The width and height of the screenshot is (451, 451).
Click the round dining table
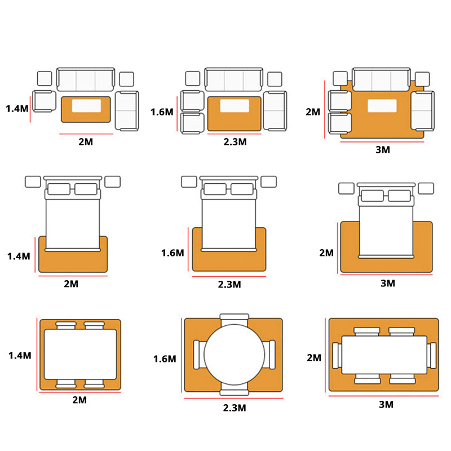click(234, 355)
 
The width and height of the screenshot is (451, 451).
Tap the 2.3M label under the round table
click(235, 408)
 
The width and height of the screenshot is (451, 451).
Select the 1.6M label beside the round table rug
click(165, 359)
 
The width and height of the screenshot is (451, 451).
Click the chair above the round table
click(234, 319)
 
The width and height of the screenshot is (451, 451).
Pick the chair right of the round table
click(269, 355)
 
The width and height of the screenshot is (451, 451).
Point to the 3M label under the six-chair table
click(386, 405)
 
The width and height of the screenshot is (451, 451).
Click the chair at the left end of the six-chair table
click(337, 355)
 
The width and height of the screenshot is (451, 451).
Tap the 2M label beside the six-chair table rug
click(314, 358)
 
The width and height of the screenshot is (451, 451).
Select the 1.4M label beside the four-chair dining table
click(20, 356)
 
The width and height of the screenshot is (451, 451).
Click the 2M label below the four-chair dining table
click(79, 400)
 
